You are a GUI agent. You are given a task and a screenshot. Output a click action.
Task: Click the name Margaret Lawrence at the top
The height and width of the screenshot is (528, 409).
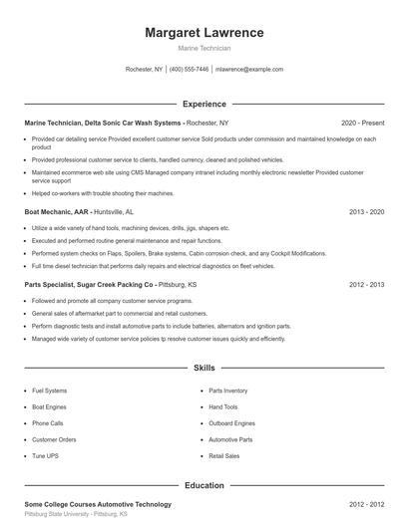pyautogui.click(x=204, y=33)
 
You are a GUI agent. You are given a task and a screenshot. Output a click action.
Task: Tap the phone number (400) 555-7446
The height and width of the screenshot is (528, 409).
pyautogui.click(x=190, y=70)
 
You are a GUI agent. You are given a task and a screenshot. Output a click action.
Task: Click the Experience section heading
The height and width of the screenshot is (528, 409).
pyautogui.click(x=204, y=104)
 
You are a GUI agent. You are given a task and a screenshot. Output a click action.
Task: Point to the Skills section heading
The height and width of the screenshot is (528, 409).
pyautogui.click(x=204, y=368)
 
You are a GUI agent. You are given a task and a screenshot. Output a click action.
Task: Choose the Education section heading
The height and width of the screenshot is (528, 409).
pyautogui.click(x=204, y=485)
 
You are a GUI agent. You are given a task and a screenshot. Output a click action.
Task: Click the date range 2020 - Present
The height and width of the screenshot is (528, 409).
pyautogui.click(x=362, y=123)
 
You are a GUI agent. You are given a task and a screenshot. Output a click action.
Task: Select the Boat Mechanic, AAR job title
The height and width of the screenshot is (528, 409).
pyautogui.click(x=58, y=212)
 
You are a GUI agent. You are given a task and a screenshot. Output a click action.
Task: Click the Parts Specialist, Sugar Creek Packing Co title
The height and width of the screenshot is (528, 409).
pyautogui.click(x=89, y=284)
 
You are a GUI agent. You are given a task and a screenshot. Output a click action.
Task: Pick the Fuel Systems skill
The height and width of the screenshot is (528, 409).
pyautogui.click(x=50, y=391)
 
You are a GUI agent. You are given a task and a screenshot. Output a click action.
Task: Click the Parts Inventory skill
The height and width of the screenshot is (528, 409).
pyautogui.click(x=228, y=391)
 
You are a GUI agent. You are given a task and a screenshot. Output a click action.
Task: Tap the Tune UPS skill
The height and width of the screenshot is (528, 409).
pyautogui.click(x=46, y=455)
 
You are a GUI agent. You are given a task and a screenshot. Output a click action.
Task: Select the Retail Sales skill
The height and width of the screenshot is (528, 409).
pyautogui.click(x=224, y=455)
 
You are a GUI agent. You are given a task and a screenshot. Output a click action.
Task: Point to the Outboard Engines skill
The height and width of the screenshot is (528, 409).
pyautogui.click(x=231, y=422)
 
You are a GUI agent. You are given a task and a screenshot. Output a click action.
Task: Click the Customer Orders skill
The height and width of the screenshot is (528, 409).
pyautogui.click(x=54, y=439)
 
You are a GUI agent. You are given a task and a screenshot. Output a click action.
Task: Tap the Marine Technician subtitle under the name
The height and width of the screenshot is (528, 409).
pyautogui.click(x=204, y=48)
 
